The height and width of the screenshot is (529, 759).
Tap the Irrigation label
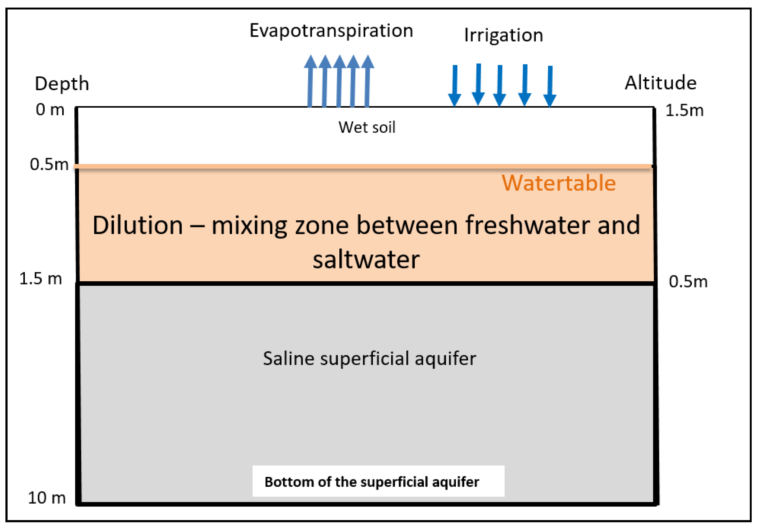tap(503, 35)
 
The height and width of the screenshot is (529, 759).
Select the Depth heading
tap(62, 83)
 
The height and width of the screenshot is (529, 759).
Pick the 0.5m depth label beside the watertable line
tap(49, 164)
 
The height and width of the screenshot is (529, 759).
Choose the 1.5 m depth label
tap(41, 278)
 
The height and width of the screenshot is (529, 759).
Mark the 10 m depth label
tap(47, 498)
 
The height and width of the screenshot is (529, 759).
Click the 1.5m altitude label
tap(684, 110)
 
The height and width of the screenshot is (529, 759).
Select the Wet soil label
tap(367, 128)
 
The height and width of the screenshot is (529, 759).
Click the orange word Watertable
tap(558, 183)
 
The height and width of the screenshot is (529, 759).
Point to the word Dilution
tap(138, 225)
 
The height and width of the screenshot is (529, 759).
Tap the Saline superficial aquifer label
tap(369, 358)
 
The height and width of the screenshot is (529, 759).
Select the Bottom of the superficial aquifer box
tap(378, 481)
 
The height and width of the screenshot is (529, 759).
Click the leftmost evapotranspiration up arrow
tap(310, 81)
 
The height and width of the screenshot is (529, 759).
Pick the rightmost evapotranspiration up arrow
tap(367, 81)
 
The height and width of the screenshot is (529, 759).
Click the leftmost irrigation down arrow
tap(455, 85)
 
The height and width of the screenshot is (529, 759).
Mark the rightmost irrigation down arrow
tap(550, 86)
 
